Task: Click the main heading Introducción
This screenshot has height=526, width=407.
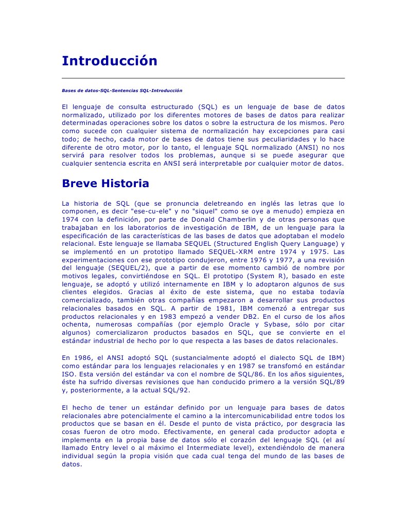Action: point(110,61)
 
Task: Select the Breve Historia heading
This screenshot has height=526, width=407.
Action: point(105,184)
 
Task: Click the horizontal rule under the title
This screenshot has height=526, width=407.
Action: point(203,78)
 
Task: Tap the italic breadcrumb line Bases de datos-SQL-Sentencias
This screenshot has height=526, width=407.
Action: point(122,90)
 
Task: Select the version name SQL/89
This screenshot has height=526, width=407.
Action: point(332,381)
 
